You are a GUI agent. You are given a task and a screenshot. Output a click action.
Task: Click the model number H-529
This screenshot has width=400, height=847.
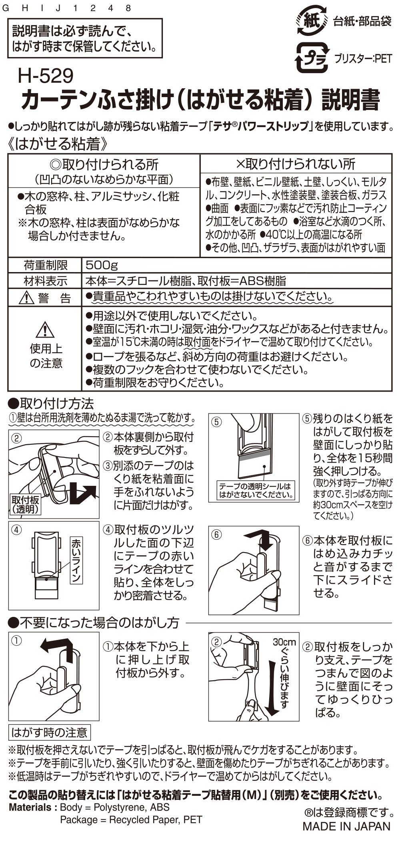click(x=45, y=76)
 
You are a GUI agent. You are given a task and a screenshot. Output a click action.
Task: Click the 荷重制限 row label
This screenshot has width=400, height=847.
click(x=46, y=265)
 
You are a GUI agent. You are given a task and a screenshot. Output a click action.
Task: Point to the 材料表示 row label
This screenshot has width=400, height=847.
click(x=46, y=281)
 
